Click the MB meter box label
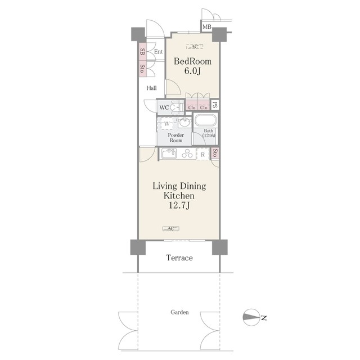click(206, 27)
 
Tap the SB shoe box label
click(142, 52)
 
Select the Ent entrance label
click(158, 52)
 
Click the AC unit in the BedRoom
click(195, 47)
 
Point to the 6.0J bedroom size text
click(192, 71)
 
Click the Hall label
click(151, 88)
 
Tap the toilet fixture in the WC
click(177, 107)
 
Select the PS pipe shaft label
click(215, 105)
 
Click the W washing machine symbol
click(166, 124)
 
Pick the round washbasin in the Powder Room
click(184, 122)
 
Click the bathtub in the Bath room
click(205, 120)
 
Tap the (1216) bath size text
click(209, 136)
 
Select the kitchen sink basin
click(169, 154)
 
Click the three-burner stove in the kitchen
click(187, 154)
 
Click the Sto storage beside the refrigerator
click(215, 153)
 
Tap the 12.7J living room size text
click(179, 205)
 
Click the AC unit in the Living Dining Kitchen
click(170, 228)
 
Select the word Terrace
click(179, 258)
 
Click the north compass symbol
click(251, 317)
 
